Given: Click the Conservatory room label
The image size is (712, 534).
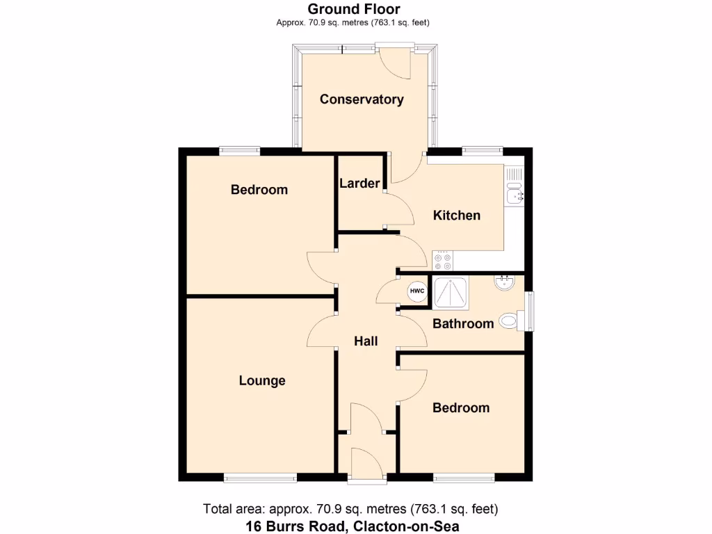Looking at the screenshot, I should click(x=362, y=99).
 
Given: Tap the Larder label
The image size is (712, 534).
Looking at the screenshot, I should click(x=359, y=184).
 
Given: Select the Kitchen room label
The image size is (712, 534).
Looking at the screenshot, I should click(x=457, y=215).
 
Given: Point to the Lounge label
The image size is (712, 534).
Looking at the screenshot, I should click(x=262, y=380).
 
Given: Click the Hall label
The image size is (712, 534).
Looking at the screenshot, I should click(x=366, y=341).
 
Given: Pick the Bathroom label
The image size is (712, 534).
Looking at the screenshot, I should click(x=463, y=323).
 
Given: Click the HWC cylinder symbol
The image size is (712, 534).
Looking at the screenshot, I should click(x=416, y=291).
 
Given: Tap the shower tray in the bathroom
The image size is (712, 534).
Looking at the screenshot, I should click(x=451, y=291).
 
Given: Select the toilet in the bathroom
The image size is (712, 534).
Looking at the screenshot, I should click(x=512, y=321).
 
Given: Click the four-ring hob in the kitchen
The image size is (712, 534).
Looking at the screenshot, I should click(x=442, y=261).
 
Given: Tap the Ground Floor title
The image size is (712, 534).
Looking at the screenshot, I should click(x=354, y=9).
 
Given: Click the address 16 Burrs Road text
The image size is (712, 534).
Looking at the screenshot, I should click(x=353, y=526).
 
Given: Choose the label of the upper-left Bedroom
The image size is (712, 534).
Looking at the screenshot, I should click(x=259, y=189).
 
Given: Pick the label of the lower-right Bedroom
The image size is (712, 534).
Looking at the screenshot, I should click(x=461, y=407).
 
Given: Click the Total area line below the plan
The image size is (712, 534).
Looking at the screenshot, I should click(x=350, y=508).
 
